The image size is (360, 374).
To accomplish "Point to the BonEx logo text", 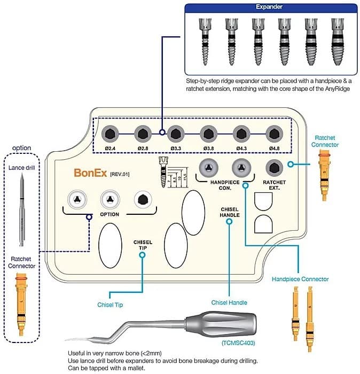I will (x=90, y=173).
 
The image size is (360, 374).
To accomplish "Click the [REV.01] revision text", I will (x=120, y=174).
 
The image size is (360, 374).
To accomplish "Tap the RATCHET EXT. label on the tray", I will (x=275, y=184).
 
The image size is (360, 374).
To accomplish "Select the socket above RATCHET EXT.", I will (x=275, y=166).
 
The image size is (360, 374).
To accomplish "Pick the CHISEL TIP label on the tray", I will (x=143, y=245).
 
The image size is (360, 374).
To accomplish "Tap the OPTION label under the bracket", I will (x=108, y=214).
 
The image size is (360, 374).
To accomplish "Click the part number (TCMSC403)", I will (x=237, y=342).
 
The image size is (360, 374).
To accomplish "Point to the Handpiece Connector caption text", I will (x=300, y=279).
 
